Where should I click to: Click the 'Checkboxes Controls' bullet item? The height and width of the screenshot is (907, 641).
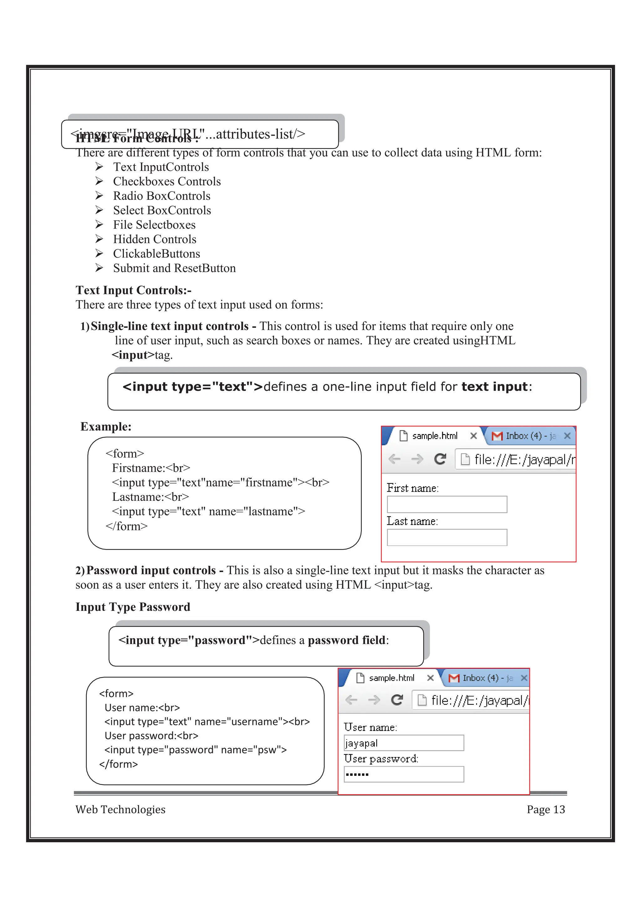[x=167, y=181]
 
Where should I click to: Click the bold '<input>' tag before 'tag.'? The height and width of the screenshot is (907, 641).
[x=133, y=355]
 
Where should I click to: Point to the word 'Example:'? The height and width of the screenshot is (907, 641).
[x=106, y=427]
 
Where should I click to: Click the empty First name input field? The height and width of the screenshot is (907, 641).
[x=447, y=505]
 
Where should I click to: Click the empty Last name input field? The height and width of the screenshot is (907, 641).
[x=447, y=538]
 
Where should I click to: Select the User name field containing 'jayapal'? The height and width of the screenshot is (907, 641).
[x=404, y=743]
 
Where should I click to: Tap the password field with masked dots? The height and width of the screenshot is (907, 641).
[x=404, y=774]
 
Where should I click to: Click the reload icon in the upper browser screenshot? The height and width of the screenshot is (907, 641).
[x=440, y=459]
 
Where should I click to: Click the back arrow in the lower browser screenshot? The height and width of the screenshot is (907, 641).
[x=351, y=700]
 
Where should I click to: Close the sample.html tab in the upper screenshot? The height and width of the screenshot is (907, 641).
[x=474, y=436]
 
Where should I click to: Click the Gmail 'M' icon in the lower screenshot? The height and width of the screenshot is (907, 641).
[x=454, y=678]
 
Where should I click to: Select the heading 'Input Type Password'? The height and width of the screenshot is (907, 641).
[x=133, y=607]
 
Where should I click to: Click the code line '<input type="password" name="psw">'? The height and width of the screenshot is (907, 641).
[x=196, y=750]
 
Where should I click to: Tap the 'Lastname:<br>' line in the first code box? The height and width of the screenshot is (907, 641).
[x=151, y=497]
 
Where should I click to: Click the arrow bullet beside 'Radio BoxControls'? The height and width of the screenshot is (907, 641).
[x=99, y=196]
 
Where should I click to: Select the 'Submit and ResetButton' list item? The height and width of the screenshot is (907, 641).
[x=174, y=268]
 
